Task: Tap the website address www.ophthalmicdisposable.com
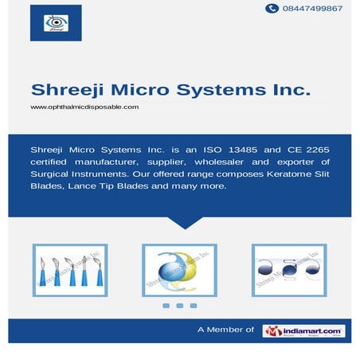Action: [x=84, y=107]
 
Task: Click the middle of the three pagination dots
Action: [x=179, y=306]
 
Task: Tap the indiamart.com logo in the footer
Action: [x=303, y=330]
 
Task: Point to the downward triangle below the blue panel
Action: [x=180, y=222]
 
